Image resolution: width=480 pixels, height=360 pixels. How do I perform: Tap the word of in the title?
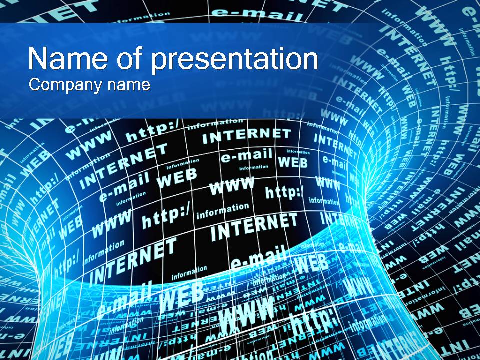131,59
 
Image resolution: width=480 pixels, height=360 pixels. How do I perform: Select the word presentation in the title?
234,60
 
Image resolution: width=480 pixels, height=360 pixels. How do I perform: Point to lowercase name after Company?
129,85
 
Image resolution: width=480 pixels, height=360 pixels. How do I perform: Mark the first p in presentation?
159,62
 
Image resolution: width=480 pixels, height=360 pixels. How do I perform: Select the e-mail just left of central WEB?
246,157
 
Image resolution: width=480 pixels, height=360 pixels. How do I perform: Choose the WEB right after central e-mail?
292,162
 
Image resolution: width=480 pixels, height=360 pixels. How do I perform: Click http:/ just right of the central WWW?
284,192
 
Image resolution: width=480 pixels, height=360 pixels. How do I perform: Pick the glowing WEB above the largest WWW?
181,295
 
